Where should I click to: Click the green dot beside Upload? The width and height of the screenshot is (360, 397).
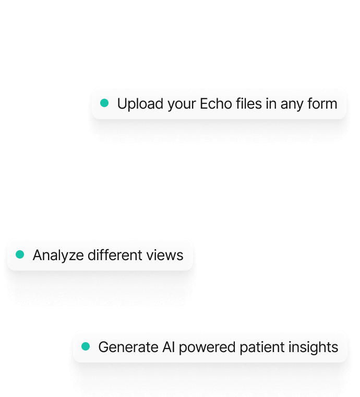tap(104, 103)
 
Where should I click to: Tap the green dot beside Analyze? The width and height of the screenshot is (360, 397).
tap(20, 254)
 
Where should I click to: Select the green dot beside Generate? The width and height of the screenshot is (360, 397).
tap(86, 346)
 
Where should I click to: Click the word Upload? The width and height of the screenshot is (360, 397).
tap(140, 104)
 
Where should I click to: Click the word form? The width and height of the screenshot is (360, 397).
tap(322, 103)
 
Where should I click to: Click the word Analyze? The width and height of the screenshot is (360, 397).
tap(58, 255)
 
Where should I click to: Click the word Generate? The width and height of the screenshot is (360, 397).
tap(128, 347)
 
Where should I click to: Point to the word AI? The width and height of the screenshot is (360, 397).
tap(169, 347)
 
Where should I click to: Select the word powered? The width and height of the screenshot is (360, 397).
tap(207, 347)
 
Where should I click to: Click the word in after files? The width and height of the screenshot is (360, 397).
tap(271, 103)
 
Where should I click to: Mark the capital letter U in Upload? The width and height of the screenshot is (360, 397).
tap(123, 104)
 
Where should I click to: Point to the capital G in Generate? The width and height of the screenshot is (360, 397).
tap(104, 347)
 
